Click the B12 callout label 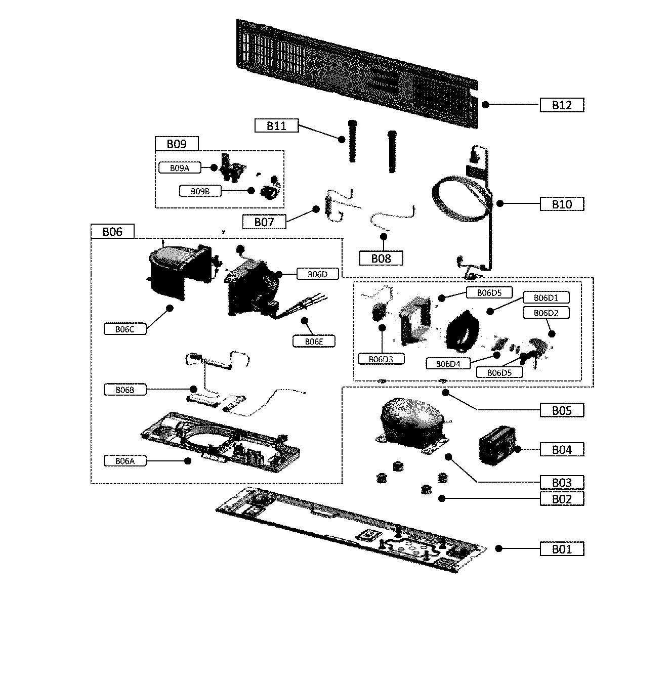coord(561,105)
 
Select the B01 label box coord(561,549)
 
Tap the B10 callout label coord(561,204)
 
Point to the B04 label coord(561,449)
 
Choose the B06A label coord(124,461)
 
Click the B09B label coord(200,191)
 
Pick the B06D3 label coord(381,359)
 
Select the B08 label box coord(381,259)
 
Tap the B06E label coord(314,342)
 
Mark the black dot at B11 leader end coord(342,139)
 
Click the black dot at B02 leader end coord(442,498)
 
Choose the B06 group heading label coord(112,231)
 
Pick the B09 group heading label coord(177,144)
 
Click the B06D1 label coord(545,297)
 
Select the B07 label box coord(264,222)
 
